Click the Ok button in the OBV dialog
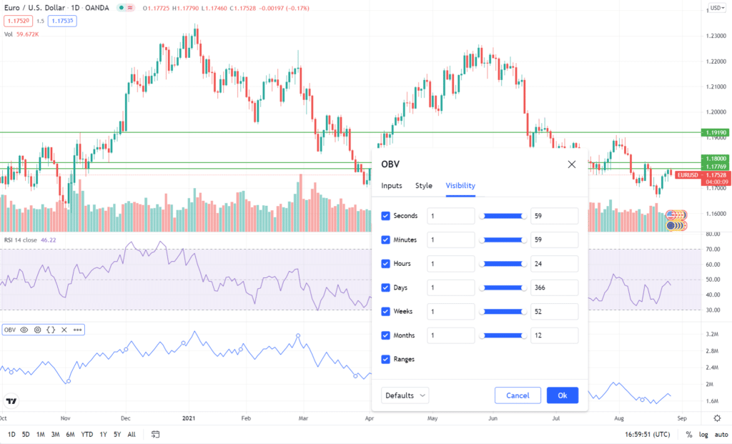pyautogui.click(x=562, y=395)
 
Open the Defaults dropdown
pyautogui.click(x=405, y=395)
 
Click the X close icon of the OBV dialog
pyautogui.click(x=572, y=164)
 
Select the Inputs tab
pyautogui.click(x=392, y=186)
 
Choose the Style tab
pyautogui.click(x=424, y=186)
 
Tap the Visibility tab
pyautogui.click(x=460, y=186)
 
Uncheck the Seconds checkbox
pyautogui.click(x=386, y=216)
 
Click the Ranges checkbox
pyautogui.click(x=386, y=359)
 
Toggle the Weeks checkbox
pyautogui.click(x=386, y=312)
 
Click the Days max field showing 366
pyautogui.click(x=554, y=287)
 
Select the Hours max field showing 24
pyautogui.click(x=554, y=264)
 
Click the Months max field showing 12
pyautogui.click(x=554, y=335)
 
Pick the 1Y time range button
pyautogui.click(x=104, y=435)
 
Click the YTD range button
pyautogui.click(x=87, y=435)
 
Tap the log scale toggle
pyautogui.click(x=703, y=435)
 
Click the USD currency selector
pyautogui.click(x=716, y=8)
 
